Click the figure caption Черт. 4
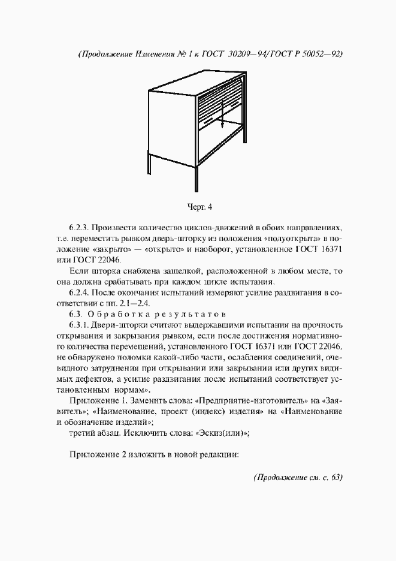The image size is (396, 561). point(200,207)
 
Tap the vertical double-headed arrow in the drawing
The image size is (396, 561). point(222,114)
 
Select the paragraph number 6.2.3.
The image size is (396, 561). point(80,228)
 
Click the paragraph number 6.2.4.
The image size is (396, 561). point(80,292)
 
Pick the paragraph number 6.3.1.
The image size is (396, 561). point(80,325)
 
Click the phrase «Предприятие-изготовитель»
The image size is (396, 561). point(238,400)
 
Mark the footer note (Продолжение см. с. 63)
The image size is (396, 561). point(298,478)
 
